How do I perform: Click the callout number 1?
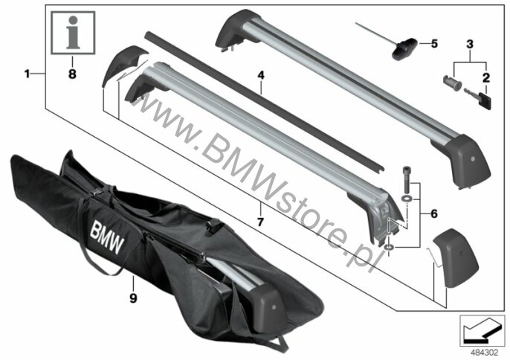[x=27, y=74]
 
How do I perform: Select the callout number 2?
[x=486, y=78]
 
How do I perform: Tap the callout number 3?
[x=470, y=45]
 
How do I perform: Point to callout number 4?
[x=261, y=76]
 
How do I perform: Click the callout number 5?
[x=434, y=44]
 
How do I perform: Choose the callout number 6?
[x=434, y=214]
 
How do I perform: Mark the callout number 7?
[x=260, y=222]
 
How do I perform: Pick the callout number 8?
[x=72, y=74]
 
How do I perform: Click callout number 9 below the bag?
[x=133, y=298]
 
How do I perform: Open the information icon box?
[x=73, y=33]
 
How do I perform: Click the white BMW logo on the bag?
[x=107, y=237]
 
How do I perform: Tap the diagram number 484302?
[x=485, y=353]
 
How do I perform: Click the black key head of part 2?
[x=485, y=100]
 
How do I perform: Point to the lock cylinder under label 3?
[x=452, y=83]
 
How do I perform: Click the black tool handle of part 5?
[x=404, y=49]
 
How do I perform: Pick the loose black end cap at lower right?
[x=455, y=258]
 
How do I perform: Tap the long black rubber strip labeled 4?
[x=265, y=101]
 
